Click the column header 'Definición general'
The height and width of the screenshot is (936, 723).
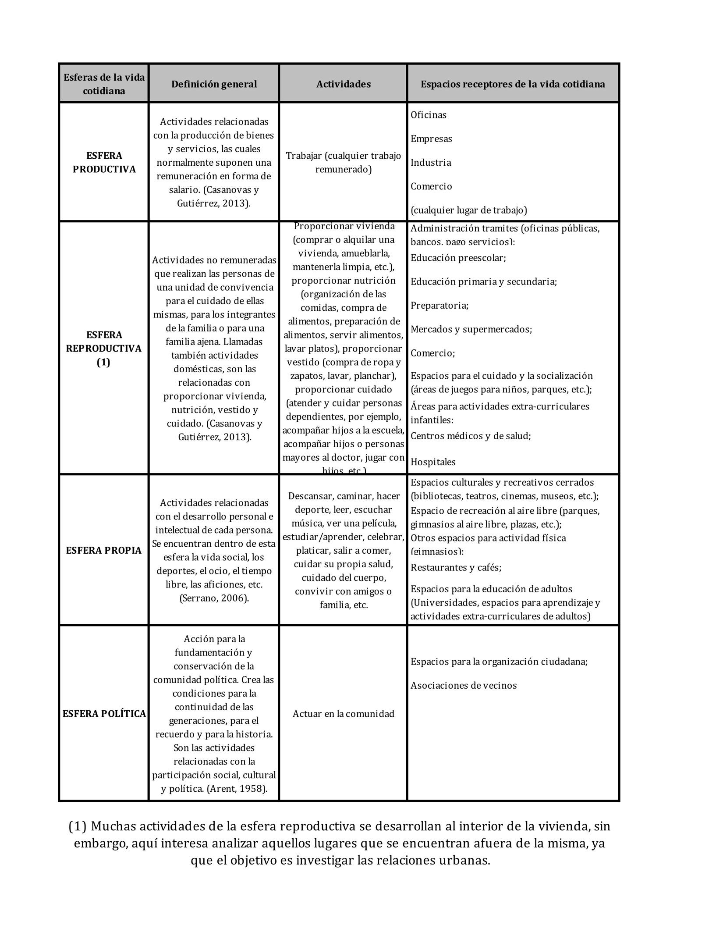coord(214,84)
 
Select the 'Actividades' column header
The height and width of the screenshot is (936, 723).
coord(343,84)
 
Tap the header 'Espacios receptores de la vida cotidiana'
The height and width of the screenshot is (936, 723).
coord(513,84)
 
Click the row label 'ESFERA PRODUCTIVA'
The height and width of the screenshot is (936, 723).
coord(104,163)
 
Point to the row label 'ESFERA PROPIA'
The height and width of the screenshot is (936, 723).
coord(104,551)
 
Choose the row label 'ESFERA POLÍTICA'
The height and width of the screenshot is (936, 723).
coord(104,714)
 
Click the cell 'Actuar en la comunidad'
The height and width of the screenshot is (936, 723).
coord(343,714)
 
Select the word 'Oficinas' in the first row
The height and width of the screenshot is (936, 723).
coord(428,115)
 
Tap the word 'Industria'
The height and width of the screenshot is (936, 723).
coord(430,163)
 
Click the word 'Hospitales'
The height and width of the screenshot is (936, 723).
coord(432,462)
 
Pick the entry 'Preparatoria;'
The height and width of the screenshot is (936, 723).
coord(439,306)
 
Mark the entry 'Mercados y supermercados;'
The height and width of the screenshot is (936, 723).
coord(471,329)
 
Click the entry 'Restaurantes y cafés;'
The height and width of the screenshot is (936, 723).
coord(456,568)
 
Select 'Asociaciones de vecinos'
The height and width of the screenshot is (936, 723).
coord(463,686)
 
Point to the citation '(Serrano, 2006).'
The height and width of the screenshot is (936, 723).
coord(214,598)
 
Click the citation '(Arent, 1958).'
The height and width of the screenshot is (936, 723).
coord(237,789)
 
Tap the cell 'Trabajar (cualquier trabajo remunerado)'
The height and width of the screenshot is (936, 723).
coord(343,163)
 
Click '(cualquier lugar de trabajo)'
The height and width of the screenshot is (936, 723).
coord(468,210)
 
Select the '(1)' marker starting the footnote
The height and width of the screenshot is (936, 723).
coord(78,826)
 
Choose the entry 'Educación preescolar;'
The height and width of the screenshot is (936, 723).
coord(458,258)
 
